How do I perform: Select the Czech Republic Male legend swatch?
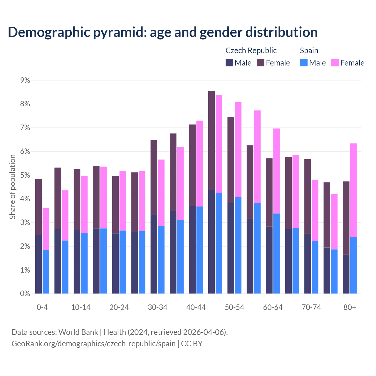point(229,63)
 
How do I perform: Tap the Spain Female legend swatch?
point(335,63)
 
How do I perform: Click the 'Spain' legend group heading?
point(309,51)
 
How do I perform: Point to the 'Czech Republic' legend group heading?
point(251,51)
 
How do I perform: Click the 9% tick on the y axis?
point(25,80)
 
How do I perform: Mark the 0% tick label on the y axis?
point(25,293)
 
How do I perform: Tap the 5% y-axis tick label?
point(25,175)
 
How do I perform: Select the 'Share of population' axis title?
point(13,187)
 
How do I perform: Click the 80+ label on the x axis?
point(350,307)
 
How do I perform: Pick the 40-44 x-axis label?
point(196,307)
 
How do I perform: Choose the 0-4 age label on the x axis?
point(42,307)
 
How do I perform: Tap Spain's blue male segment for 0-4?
point(46,271)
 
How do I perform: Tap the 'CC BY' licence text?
point(192,344)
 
